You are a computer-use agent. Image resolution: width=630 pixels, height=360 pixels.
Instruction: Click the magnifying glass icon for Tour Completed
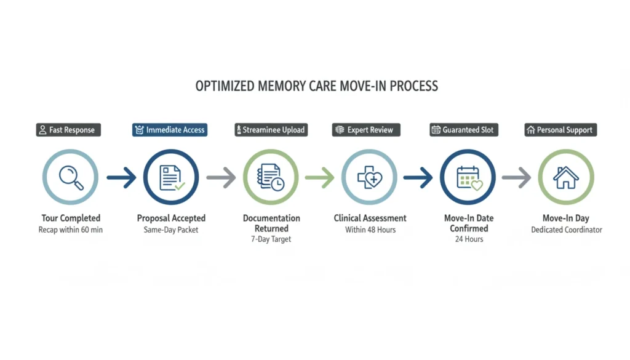[x=70, y=177]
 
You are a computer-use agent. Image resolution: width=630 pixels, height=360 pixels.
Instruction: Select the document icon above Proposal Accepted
[x=171, y=177]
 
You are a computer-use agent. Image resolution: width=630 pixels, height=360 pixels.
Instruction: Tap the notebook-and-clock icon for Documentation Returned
[x=271, y=177]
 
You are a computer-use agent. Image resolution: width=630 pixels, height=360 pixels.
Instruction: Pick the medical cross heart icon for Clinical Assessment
[x=369, y=177]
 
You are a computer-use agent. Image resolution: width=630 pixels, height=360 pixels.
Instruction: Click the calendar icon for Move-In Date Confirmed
[x=469, y=177]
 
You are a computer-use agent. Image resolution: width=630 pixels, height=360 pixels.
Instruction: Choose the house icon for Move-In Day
[x=565, y=177]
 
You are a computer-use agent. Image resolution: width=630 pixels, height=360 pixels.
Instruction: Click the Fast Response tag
[x=67, y=130]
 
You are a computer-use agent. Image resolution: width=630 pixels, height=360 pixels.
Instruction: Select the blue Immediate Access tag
[x=170, y=130]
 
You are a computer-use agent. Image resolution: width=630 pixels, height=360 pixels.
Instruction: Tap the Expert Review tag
[x=366, y=130]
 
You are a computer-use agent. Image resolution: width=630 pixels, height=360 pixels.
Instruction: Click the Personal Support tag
[x=560, y=130]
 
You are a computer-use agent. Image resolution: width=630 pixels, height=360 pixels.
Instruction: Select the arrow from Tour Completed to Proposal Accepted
[x=121, y=178]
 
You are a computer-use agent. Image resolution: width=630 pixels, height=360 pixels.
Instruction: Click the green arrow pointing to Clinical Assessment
[x=319, y=178]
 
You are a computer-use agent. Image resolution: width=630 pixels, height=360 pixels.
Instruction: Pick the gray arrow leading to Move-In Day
[x=516, y=178]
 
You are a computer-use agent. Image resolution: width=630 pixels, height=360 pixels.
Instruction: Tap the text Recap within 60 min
[x=71, y=230]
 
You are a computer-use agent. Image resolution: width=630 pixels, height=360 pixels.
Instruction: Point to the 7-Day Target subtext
[x=271, y=239]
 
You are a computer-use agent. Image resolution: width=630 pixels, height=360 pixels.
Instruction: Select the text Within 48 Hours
[x=370, y=230]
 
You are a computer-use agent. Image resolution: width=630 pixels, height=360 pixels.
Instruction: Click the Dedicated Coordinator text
[x=566, y=230]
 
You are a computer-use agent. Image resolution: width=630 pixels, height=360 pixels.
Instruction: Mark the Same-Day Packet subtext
[x=171, y=230]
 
